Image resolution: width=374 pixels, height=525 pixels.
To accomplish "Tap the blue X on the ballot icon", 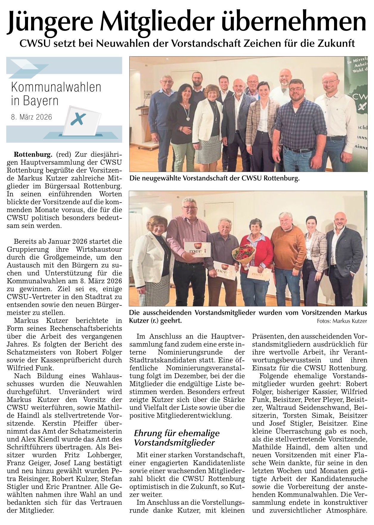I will [x=78, y=119].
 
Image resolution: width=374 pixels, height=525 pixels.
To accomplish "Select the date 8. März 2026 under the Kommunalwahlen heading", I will [x=31, y=117].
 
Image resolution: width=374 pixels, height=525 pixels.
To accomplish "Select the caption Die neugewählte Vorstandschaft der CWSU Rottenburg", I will [x=214, y=179].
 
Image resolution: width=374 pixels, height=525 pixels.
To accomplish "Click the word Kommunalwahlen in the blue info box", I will [x=56, y=87].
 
